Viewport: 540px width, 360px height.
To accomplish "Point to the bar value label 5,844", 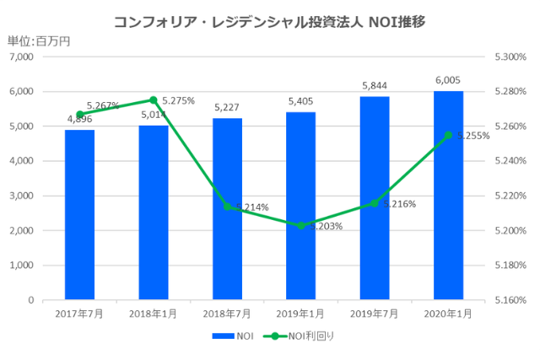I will pyautogui.click(x=374, y=85).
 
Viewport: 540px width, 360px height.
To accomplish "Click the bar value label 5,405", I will pyautogui.click(x=300, y=100).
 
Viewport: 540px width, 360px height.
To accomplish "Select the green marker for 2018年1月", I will pyautogui.click(x=154, y=100).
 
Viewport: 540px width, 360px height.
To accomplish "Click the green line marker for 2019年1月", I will pyautogui.click(x=300, y=225).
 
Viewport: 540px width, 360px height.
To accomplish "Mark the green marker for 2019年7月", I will pyautogui.click(x=375, y=203).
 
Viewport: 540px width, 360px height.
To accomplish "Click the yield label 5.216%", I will pyautogui.click(x=399, y=203).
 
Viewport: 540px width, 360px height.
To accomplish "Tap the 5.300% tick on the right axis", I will pyautogui.click(x=510, y=56).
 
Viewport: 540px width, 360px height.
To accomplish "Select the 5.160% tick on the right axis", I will pyautogui.click(x=510, y=300).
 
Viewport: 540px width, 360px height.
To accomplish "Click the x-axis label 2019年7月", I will pyautogui.click(x=375, y=314).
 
